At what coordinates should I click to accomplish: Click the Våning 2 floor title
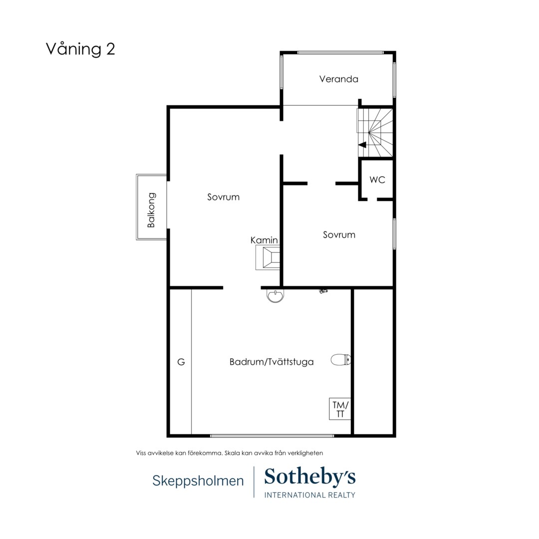point(80,49)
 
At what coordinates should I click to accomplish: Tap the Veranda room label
point(338,79)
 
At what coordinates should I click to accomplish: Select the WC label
point(377,180)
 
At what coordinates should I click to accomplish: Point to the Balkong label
point(151,210)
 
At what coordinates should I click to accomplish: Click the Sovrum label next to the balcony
point(223,197)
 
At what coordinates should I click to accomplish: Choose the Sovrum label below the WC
point(339,235)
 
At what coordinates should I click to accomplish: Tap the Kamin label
point(264,240)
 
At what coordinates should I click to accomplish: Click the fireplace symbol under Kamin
point(268,257)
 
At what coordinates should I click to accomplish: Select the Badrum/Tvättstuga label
point(271,362)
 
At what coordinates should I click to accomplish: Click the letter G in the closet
point(181,362)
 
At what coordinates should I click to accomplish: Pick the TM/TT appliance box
point(340,409)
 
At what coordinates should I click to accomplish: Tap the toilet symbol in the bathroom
point(341,360)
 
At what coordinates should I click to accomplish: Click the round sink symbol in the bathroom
point(275,295)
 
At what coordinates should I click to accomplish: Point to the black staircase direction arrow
point(362,145)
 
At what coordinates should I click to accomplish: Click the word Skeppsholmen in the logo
point(198,481)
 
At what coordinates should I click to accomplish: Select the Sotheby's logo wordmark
point(310,477)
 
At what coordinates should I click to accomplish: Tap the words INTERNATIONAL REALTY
point(310,495)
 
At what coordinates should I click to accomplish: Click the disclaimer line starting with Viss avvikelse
point(229,453)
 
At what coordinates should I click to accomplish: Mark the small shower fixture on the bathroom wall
point(323,291)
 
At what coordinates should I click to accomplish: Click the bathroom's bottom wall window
point(272,436)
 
